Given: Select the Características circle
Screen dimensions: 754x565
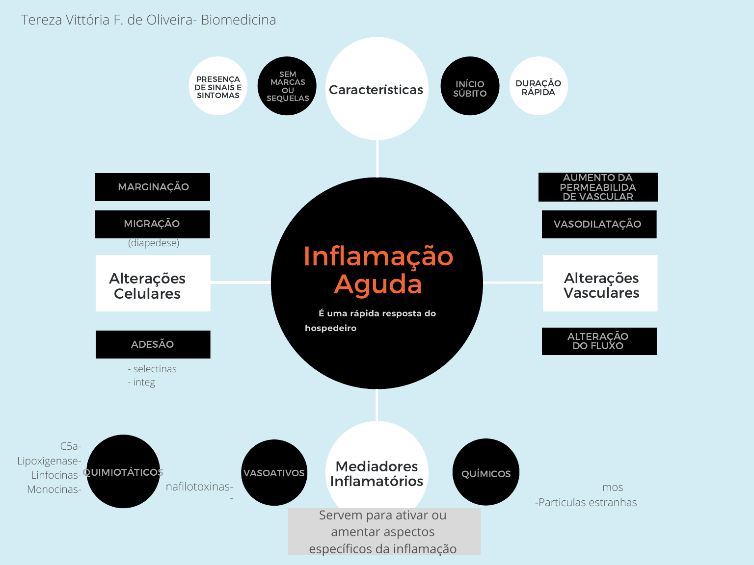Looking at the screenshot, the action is pos(377,88).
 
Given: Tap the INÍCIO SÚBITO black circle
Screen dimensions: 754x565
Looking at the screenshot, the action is pos(470,86).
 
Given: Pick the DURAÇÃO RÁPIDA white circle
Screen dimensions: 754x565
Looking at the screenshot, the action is pos(539,86).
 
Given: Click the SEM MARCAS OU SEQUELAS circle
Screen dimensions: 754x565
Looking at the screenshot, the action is pos(287,86).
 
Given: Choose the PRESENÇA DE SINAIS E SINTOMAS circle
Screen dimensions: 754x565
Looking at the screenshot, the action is pos(218,86).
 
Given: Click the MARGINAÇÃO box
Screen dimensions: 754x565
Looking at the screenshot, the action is pos(153,187).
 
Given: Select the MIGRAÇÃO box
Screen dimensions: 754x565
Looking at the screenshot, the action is pos(153,224).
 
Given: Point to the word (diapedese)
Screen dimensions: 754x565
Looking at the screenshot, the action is pos(154,243).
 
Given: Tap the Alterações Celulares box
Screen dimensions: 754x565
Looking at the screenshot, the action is pos(153,283).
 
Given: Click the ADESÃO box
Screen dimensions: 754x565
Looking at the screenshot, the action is pos(153,344).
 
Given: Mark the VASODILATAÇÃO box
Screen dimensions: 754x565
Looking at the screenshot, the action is pos(599,224).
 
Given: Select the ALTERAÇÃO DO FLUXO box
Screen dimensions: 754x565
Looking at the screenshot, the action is pos(599,341).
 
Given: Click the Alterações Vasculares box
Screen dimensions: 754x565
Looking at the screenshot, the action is pos(600,283).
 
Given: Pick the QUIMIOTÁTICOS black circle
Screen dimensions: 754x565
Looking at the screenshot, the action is pos(123,471).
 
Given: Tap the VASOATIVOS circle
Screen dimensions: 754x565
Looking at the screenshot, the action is pos(274,472).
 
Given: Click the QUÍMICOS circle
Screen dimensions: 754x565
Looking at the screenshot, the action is pos(485,472).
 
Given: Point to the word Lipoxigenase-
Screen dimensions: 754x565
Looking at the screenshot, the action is pos(49,461).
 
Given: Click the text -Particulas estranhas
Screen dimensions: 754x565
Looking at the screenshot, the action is pos(586,502).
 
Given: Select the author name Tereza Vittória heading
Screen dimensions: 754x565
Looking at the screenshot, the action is pos(148,20).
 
